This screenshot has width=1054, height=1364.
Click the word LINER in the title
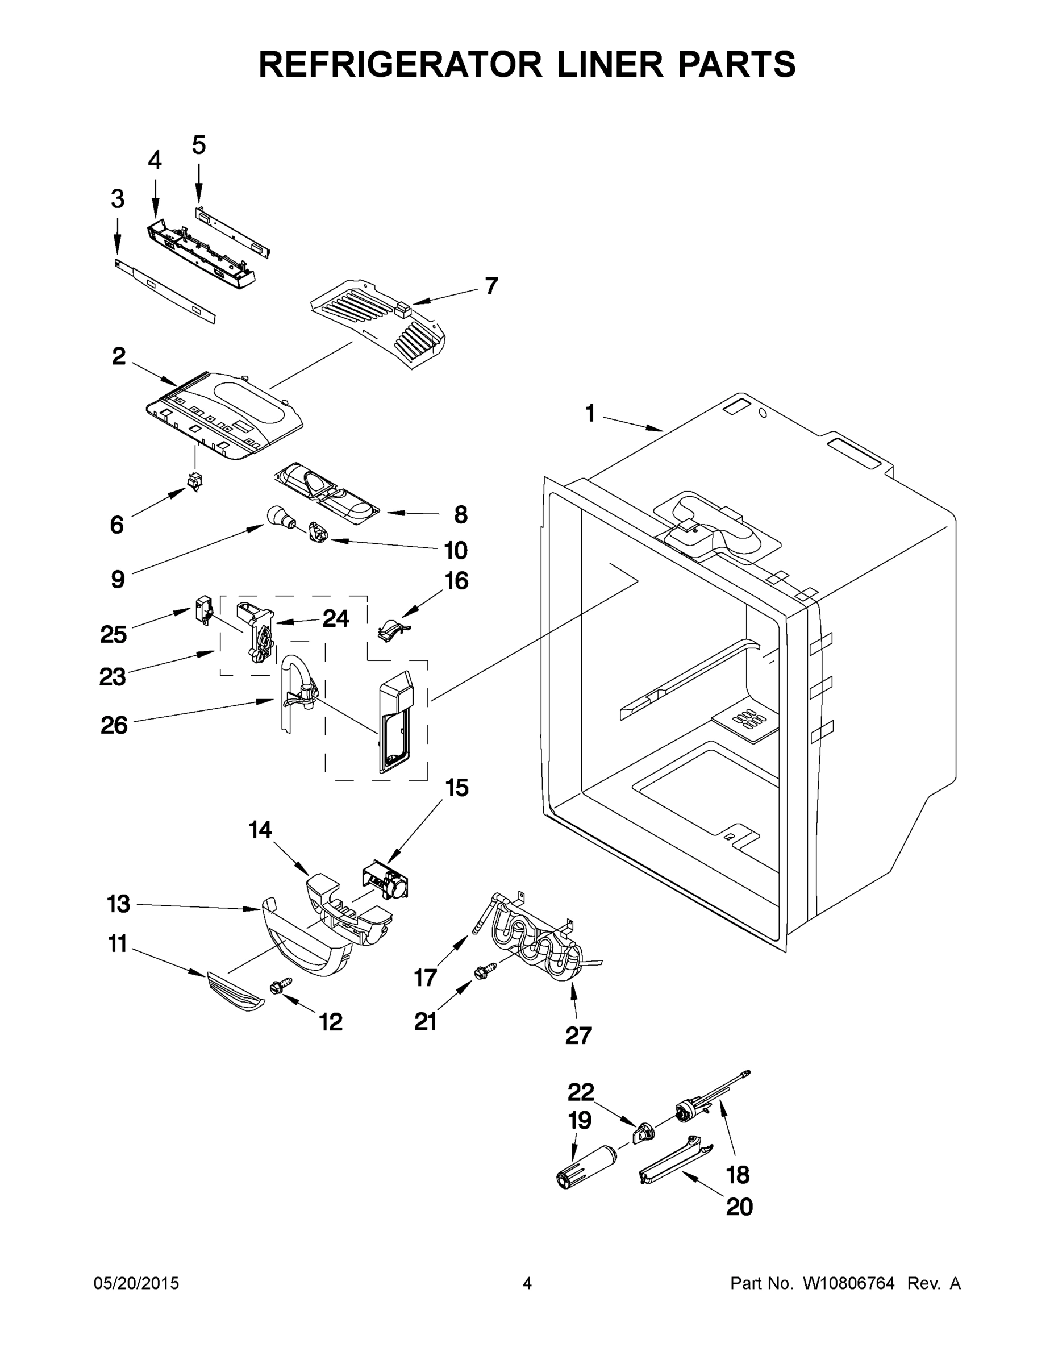610,64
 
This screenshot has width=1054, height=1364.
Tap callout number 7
491,286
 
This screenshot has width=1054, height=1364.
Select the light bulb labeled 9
278,517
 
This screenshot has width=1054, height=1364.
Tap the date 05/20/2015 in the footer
136,1283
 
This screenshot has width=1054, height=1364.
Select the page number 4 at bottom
527,1283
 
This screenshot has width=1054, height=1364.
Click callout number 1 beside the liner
590,413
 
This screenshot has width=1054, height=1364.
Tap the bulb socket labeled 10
318,535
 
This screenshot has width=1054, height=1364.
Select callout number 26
114,725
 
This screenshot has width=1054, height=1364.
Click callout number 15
456,788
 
